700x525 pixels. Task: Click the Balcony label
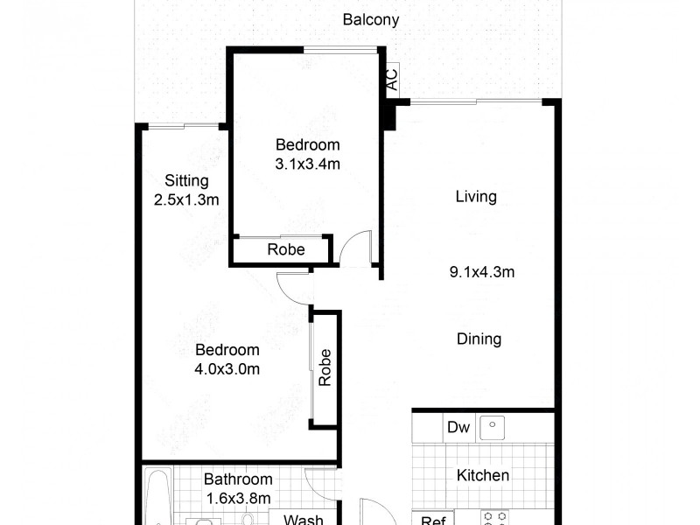tap(371, 19)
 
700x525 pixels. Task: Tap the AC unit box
tap(392, 80)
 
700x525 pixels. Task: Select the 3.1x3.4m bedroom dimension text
tap(307, 163)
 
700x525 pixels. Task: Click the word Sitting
tap(187, 181)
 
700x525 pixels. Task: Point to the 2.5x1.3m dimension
tap(185, 199)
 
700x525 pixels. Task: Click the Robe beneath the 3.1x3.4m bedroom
tap(286, 250)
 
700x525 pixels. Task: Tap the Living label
tap(476, 197)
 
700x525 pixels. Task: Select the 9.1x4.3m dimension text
tap(481, 272)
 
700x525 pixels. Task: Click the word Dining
tap(479, 339)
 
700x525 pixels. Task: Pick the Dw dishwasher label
tap(458, 428)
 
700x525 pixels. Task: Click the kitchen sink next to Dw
tap(493, 427)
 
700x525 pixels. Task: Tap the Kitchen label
tap(484, 476)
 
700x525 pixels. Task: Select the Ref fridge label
tap(432, 520)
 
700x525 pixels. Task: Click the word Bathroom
tap(238, 479)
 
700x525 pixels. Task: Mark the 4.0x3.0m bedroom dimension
tap(227, 368)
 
